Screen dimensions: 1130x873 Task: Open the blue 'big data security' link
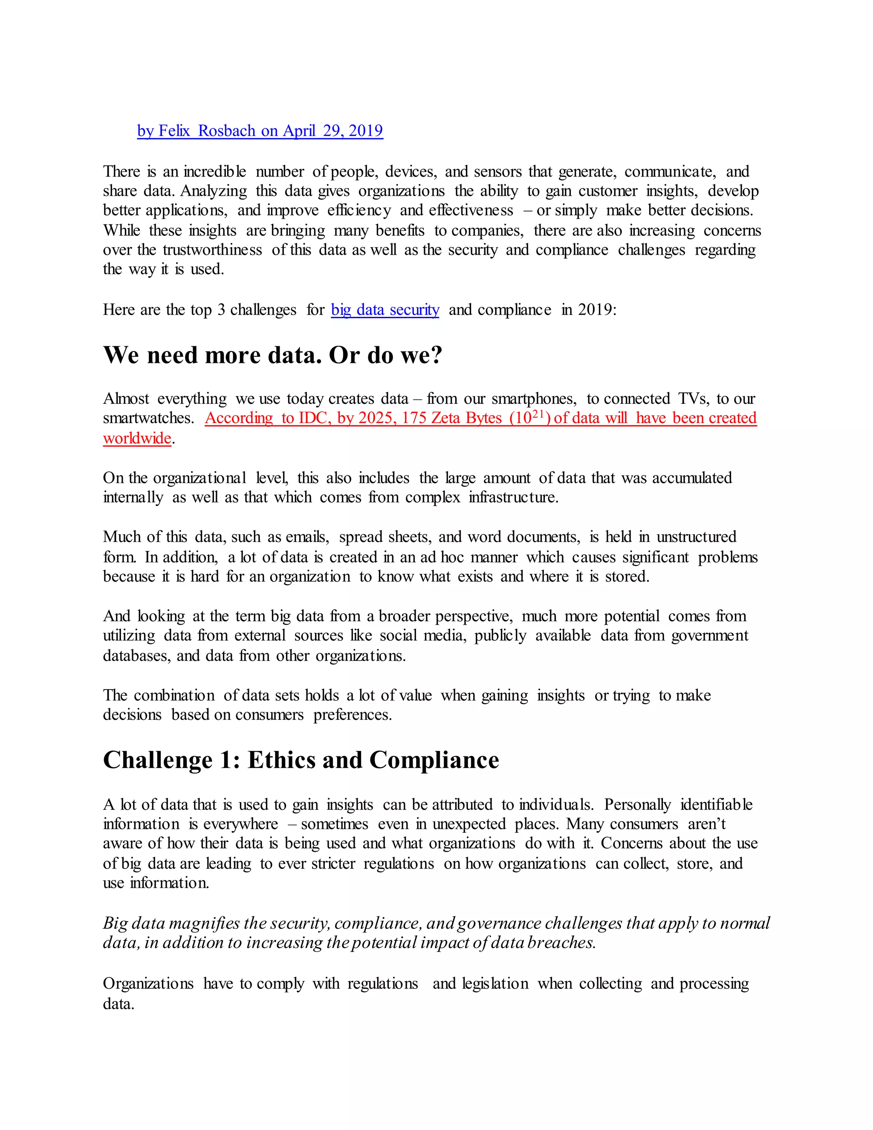click(x=385, y=310)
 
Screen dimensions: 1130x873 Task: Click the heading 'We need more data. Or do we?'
click(x=272, y=355)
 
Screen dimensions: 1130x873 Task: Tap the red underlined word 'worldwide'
click(x=137, y=438)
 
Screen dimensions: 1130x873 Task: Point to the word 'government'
click(x=710, y=635)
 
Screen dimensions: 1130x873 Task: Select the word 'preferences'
click(x=352, y=715)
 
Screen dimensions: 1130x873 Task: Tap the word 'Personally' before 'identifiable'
click(x=637, y=805)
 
